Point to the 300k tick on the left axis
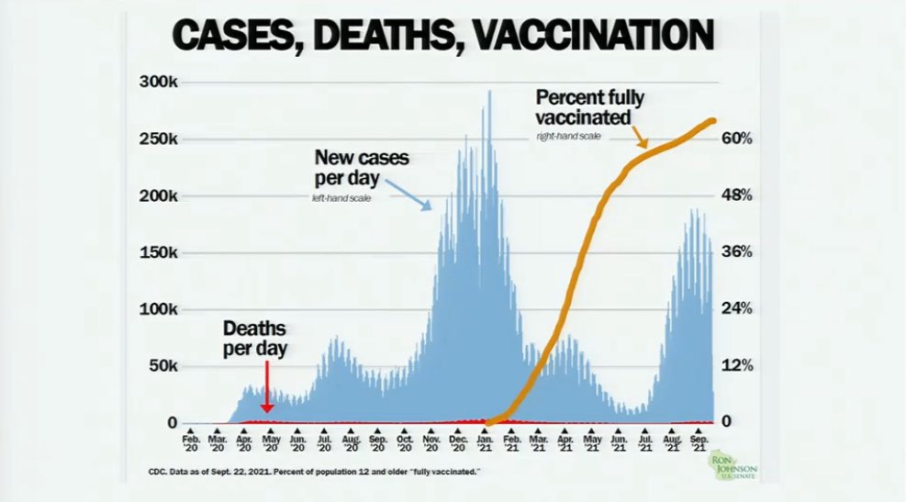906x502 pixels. [x=158, y=83]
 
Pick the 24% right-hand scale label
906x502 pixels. [x=737, y=309]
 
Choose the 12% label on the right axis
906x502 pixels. [x=737, y=366]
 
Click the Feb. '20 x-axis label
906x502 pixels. [x=190, y=444]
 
